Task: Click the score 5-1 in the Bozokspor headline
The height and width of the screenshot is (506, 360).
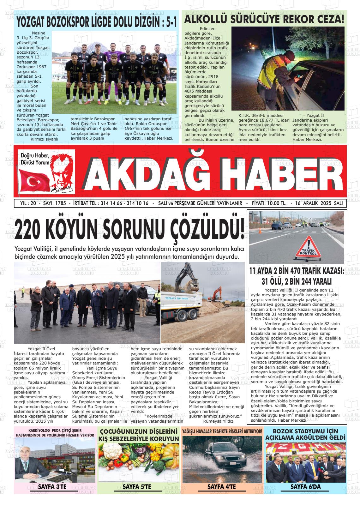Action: [168, 23]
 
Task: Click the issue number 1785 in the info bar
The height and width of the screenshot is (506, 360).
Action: [60, 203]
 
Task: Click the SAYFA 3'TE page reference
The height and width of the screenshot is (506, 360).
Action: [52, 486]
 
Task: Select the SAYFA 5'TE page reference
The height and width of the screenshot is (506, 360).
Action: [137, 487]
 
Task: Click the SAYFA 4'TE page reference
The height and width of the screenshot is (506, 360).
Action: [222, 487]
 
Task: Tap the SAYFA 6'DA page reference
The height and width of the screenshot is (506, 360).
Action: [305, 487]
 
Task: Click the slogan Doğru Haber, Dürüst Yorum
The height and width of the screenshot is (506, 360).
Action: [35, 159]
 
